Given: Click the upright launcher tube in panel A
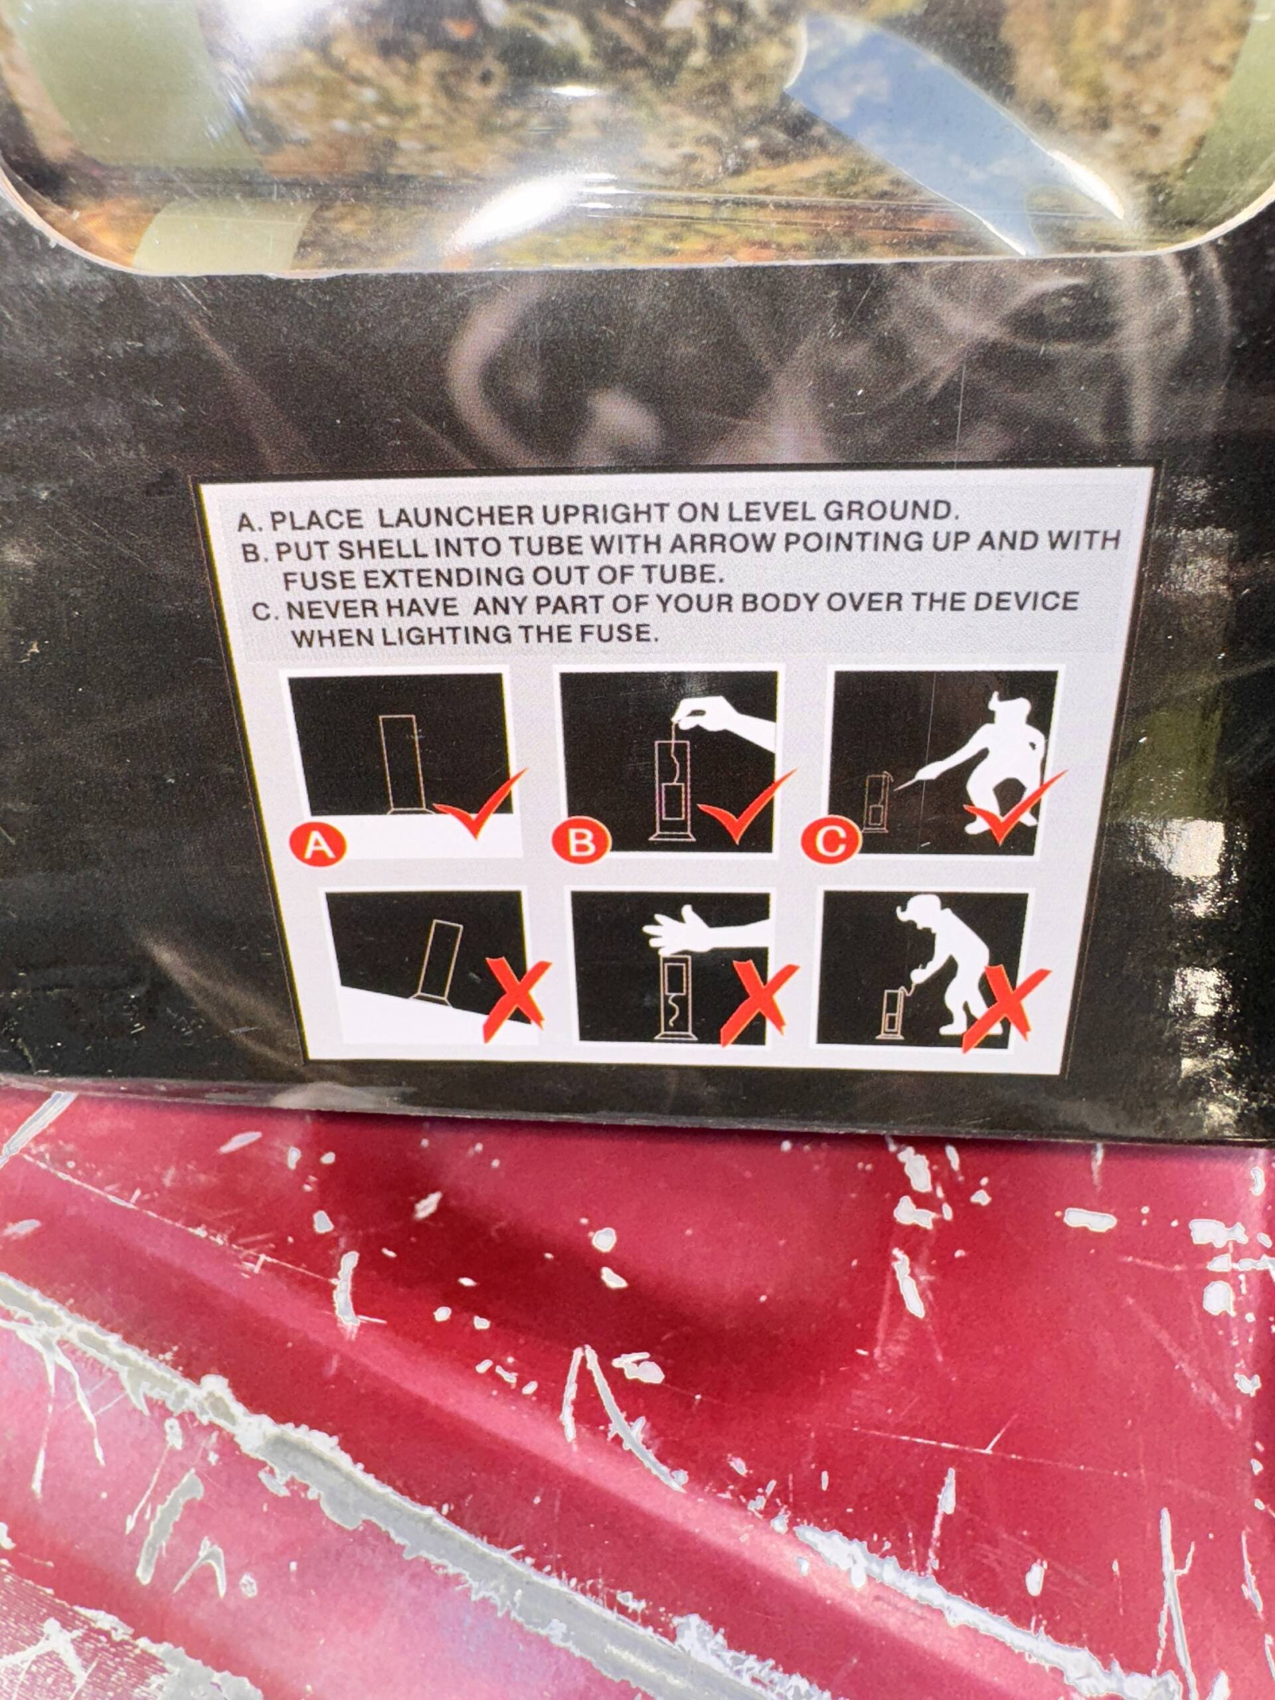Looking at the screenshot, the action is pyautogui.click(x=404, y=766).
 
